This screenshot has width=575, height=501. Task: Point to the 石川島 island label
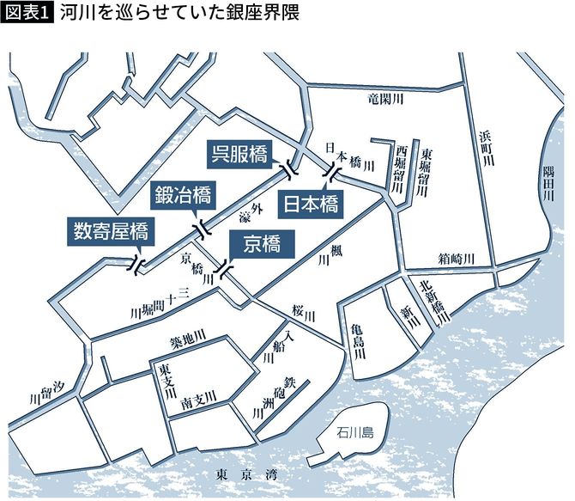(355, 433)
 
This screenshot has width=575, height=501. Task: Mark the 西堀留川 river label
(400, 168)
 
